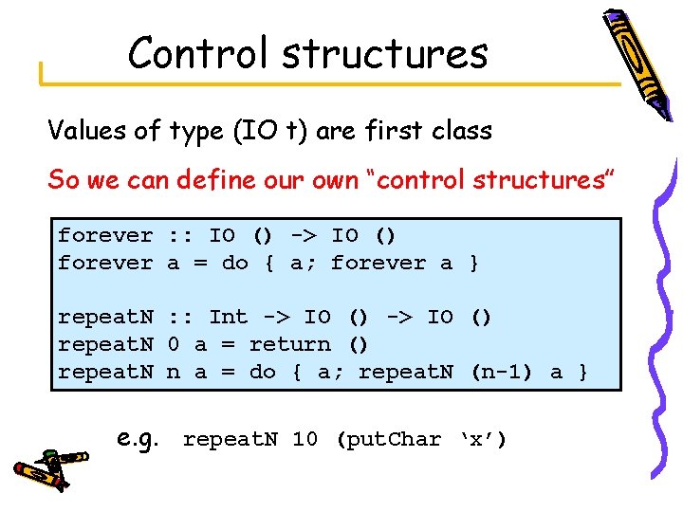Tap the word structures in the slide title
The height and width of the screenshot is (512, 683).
(384, 54)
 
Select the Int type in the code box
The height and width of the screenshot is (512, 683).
(228, 317)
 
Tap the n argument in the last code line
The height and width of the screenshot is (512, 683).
(173, 372)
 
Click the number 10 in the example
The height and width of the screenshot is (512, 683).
(305, 440)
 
